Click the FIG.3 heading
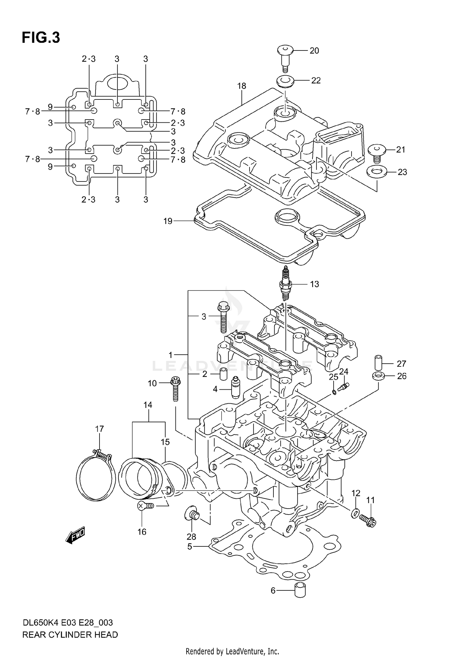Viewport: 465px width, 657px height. (x=41, y=38)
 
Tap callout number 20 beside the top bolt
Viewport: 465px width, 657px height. (x=314, y=50)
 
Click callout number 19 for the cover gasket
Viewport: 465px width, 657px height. (x=168, y=221)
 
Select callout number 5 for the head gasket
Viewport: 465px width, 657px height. (x=190, y=546)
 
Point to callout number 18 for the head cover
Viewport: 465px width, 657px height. (x=241, y=86)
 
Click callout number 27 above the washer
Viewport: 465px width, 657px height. (x=401, y=363)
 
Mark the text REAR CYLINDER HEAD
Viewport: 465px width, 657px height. (x=70, y=635)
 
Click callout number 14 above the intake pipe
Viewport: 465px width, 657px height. (x=148, y=405)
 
